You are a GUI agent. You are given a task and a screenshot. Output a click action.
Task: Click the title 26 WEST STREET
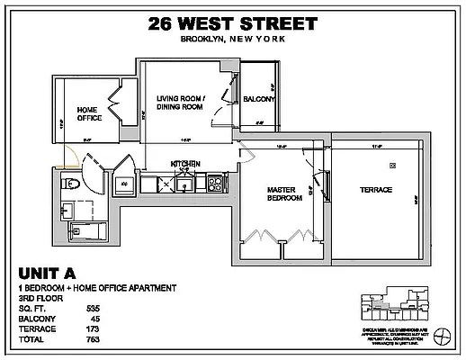coord(233,23)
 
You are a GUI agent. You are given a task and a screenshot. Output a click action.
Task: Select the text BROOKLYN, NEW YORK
coord(233,39)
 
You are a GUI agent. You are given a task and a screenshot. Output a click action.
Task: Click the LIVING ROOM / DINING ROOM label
coord(181,103)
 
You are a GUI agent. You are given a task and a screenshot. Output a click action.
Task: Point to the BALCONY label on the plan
coord(258,100)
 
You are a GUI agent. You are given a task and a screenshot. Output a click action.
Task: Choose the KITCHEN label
coord(185,164)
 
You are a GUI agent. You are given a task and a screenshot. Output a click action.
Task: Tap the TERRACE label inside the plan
coord(376,191)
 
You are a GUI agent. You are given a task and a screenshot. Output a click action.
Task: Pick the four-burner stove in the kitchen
coord(216,184)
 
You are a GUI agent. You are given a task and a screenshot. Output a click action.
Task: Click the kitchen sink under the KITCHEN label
coord(183,184)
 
